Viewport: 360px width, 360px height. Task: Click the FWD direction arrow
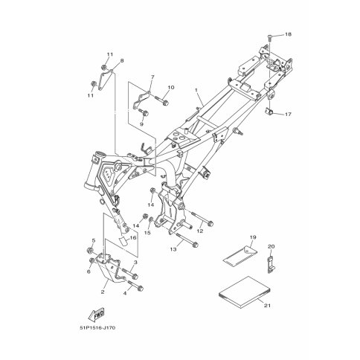(97, 314)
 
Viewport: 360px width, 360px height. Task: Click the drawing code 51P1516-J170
(97, 328)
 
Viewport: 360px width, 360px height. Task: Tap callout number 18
(288, 34)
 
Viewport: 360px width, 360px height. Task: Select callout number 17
(288, 115)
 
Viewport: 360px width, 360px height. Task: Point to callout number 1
(196, 90)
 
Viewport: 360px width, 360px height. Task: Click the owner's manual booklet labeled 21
(245, 292)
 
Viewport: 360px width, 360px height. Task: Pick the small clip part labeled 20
(271, 264)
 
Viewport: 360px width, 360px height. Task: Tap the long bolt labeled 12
(202, 219)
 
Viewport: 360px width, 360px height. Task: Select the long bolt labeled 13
(187, 240)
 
